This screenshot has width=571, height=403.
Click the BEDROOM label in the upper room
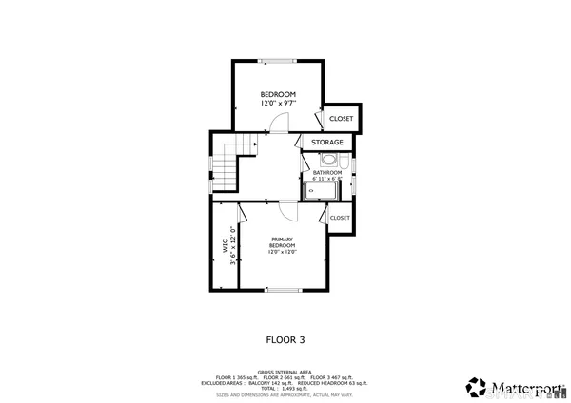click(x=278, y=94)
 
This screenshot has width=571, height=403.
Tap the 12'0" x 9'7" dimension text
click(x=278, y=103)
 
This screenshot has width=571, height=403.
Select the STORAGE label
click(x=327, y=143)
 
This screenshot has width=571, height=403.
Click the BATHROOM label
click(x=326, y=172)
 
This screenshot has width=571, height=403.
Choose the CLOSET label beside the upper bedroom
click(x=341, y=119)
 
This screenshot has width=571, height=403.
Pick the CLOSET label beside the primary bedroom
click(x=340, y=218)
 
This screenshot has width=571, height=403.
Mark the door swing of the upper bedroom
click(x=276, y=123)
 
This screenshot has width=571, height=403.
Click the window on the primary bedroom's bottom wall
click(x=283, y=289)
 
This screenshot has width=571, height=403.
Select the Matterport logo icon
click(x=476, y=387)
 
